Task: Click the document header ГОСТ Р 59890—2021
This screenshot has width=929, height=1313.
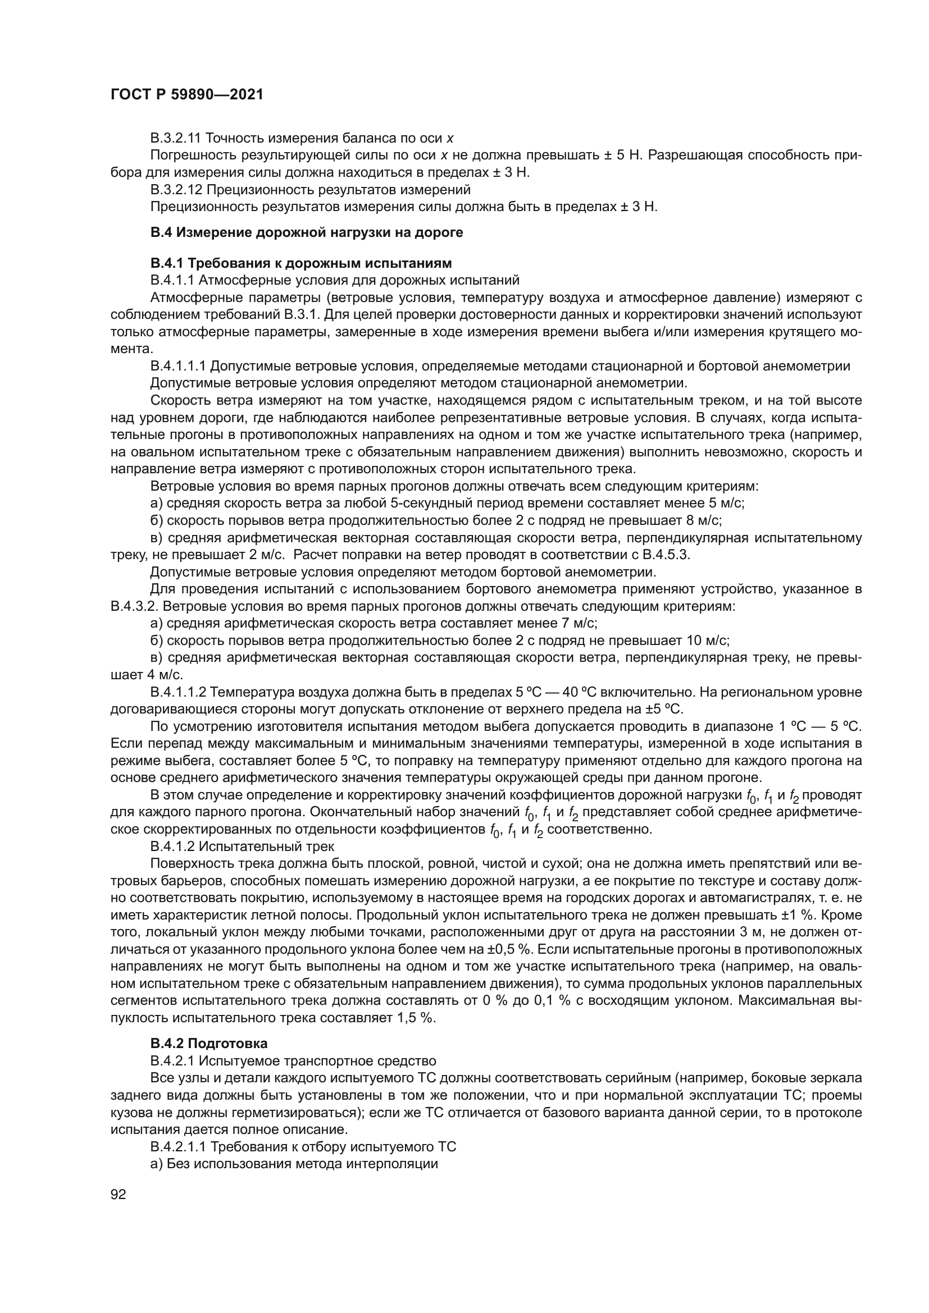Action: click(x=186, y=95)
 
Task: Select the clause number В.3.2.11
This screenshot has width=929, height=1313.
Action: click(x=176, y=138)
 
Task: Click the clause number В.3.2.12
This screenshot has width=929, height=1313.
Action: click(x=176, y=189)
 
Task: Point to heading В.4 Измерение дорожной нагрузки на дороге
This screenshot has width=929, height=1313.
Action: click(x=307, y=233)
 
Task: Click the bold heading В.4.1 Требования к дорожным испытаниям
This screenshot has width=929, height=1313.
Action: click(x=301, y=263)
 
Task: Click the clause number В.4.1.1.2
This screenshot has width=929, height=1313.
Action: click(x=178, y=693)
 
